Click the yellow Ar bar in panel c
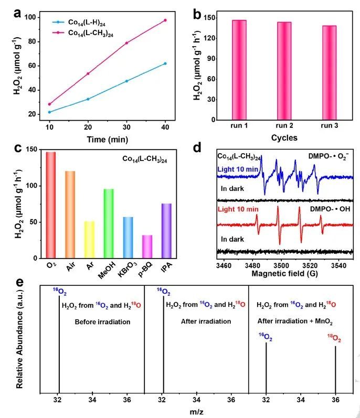89,240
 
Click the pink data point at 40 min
165,20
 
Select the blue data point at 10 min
49,112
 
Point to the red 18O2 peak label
335,339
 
